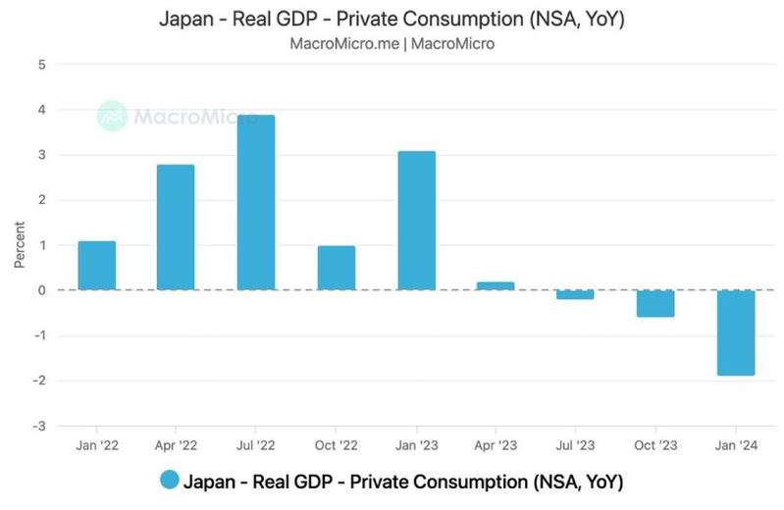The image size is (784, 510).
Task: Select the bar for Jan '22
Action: pos(97,265)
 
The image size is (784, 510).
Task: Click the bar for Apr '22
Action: pos(176,228)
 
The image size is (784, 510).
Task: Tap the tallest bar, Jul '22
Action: pos(255,202)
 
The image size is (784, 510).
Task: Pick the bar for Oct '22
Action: pos(336,268)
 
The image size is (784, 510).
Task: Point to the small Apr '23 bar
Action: pos(496,285)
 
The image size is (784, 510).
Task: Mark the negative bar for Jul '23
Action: pos(575,294)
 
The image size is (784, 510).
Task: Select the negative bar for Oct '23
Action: pos(654,303)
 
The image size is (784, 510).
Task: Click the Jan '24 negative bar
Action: pos(735,332)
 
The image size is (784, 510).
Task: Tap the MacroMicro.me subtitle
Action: pos(392,44)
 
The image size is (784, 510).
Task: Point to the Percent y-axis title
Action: pos(20,244)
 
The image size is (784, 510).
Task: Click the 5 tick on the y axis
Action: pos(41,65)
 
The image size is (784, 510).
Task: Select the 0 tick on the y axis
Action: pos(41,290)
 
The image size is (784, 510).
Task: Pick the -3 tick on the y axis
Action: pos(39,426)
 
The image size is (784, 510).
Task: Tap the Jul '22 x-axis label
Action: pos(255,445)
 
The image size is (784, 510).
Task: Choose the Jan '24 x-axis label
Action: pos(735,445)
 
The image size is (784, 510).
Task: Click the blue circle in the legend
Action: pos(169,481)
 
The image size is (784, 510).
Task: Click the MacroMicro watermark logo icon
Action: pos(112,117)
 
